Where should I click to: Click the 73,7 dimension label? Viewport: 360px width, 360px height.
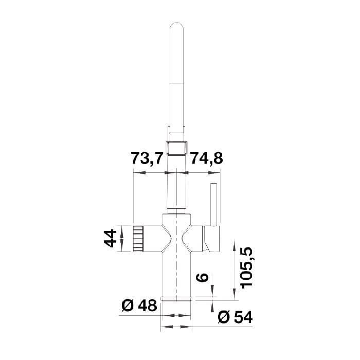(x=147, y=158)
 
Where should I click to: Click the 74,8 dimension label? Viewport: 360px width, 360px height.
(x=207, y=158)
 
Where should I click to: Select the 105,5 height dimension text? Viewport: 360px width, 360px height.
(x=246, y=267)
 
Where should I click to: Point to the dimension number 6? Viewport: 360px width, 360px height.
(x=202, y=277)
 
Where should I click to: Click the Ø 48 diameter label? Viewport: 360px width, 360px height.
(x=139, y=305)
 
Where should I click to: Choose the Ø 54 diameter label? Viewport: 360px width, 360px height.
(x=235, y=317)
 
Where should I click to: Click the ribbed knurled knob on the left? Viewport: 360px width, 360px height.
(x=138, y=238)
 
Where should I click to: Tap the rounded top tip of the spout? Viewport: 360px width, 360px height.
(x=176, y=23)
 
